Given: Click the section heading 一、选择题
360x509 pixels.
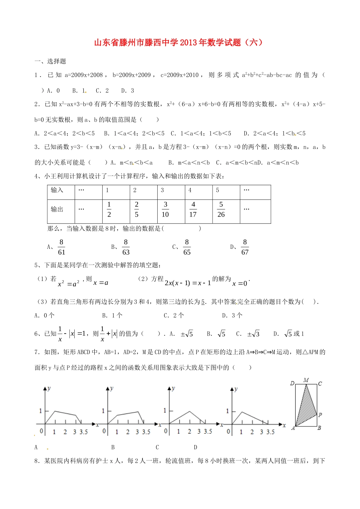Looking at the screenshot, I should (50, 61).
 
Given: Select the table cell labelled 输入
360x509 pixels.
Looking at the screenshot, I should (57, 190).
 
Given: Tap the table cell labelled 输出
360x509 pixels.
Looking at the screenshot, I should (57, 209).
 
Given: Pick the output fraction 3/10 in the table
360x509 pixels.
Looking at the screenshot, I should (165, 209).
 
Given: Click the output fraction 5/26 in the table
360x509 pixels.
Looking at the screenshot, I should (221, 209).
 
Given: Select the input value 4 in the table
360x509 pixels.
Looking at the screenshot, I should (190, 190).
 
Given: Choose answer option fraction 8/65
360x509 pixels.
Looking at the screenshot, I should (186, 247).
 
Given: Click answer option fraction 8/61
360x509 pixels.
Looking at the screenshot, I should (61, 247).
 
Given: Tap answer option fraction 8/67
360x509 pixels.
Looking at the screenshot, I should (245, 247).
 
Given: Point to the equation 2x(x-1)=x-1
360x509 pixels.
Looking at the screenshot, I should (188, 283).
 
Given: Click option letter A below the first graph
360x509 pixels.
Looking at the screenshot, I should (36, 447).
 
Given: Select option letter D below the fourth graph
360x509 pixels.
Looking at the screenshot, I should (196, 447).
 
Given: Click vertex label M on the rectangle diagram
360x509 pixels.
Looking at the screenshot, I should (306, 380).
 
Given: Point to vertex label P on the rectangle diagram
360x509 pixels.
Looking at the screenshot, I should (320, 415).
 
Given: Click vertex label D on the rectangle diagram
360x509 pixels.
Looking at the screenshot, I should (292, 383).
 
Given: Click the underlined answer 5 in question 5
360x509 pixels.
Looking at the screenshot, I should (203, 302).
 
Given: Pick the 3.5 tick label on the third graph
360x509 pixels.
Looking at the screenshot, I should (208, 431).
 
